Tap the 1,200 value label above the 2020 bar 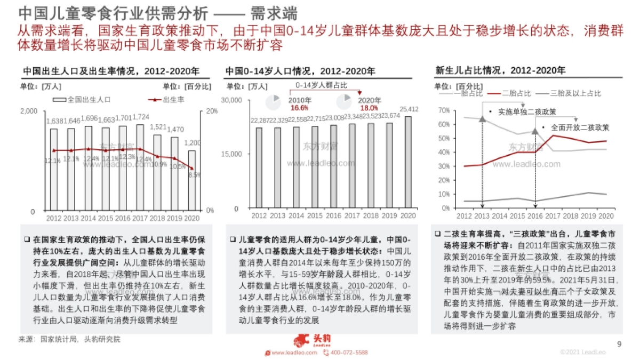pos(192,143)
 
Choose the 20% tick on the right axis pos(211,111)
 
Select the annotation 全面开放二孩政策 pos(579,127)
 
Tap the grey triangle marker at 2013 pos(482,118)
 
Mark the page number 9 pos(619,344)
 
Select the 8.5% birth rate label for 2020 pos(195,174)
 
